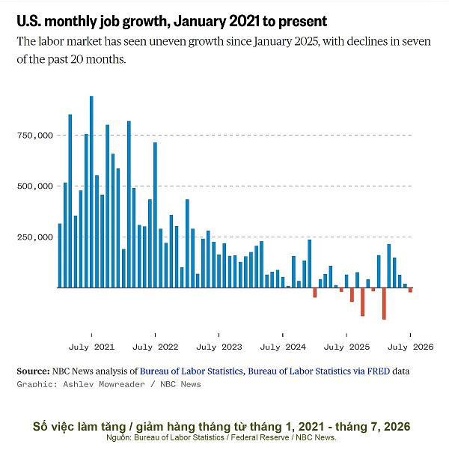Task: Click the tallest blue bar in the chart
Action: pyautogui.click(x=91, y=192)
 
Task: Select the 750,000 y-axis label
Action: pyautogui.click(x=35, y=136)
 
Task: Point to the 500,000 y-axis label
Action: pyautogui.click(x=35, y=186)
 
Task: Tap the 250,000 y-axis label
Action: pyautogui.click(x=35, y=237)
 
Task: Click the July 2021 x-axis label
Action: pyautogui.click(x=91, y=347)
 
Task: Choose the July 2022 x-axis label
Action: pyautogui.click(x=156, y=347)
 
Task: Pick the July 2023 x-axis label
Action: pyautogui.click(x=219, y=347)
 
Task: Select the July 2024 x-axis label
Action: pyautogui.click(x=283, y=347)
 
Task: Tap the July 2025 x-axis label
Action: pyautogui.click(x=346, y=347)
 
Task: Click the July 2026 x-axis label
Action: pyautogui.click(x=410, y=347)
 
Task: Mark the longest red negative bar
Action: pyautogui.click(x=384, y=303)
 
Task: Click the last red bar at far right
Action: pyautogui.click(x=410, y=290)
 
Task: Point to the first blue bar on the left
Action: pyautogui.click(x=60, y=256)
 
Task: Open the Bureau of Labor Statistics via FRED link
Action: pyautogui.click(x=319, y=371)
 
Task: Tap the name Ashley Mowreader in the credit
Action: pyautogui.click(x=104, y=384)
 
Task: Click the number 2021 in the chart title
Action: pyautogui.click(x=244, y=21)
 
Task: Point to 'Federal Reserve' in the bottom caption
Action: pyautogui.click(x=260, y=437)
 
